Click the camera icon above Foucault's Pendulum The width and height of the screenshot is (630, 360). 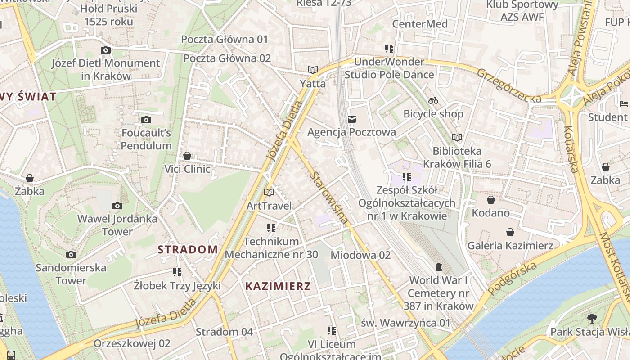click(x=146, y=120)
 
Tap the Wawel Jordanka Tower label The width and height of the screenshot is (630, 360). click(x=117, y=225)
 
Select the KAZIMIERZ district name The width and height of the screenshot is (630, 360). click(x=278, y=286)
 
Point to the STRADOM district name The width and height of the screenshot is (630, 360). click(x=188, y=249)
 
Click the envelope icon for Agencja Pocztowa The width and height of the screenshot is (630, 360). click(x=352, y=119)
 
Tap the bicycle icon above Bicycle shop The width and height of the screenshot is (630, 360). click(x=433, y=100)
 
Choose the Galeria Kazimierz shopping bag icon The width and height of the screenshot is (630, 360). click(x=510, y=232)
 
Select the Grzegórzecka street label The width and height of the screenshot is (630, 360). click(x=509, y=85)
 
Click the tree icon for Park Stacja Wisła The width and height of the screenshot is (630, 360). click(x=592, y=319)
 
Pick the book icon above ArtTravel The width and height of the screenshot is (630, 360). click(x=269, y=193)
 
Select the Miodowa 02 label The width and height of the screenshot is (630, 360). click(x=360, y=255)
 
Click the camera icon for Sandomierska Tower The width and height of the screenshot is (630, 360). click(x=71, y=255)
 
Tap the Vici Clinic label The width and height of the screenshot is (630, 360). click(x=187, y=169)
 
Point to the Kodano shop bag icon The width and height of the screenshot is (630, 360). click(x=491, y=199)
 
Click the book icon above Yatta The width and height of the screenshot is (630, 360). click(x=313, y=70)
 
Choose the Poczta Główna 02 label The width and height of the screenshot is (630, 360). click(x=227, y=58)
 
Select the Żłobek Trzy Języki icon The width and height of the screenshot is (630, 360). click(x=177, y=272)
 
